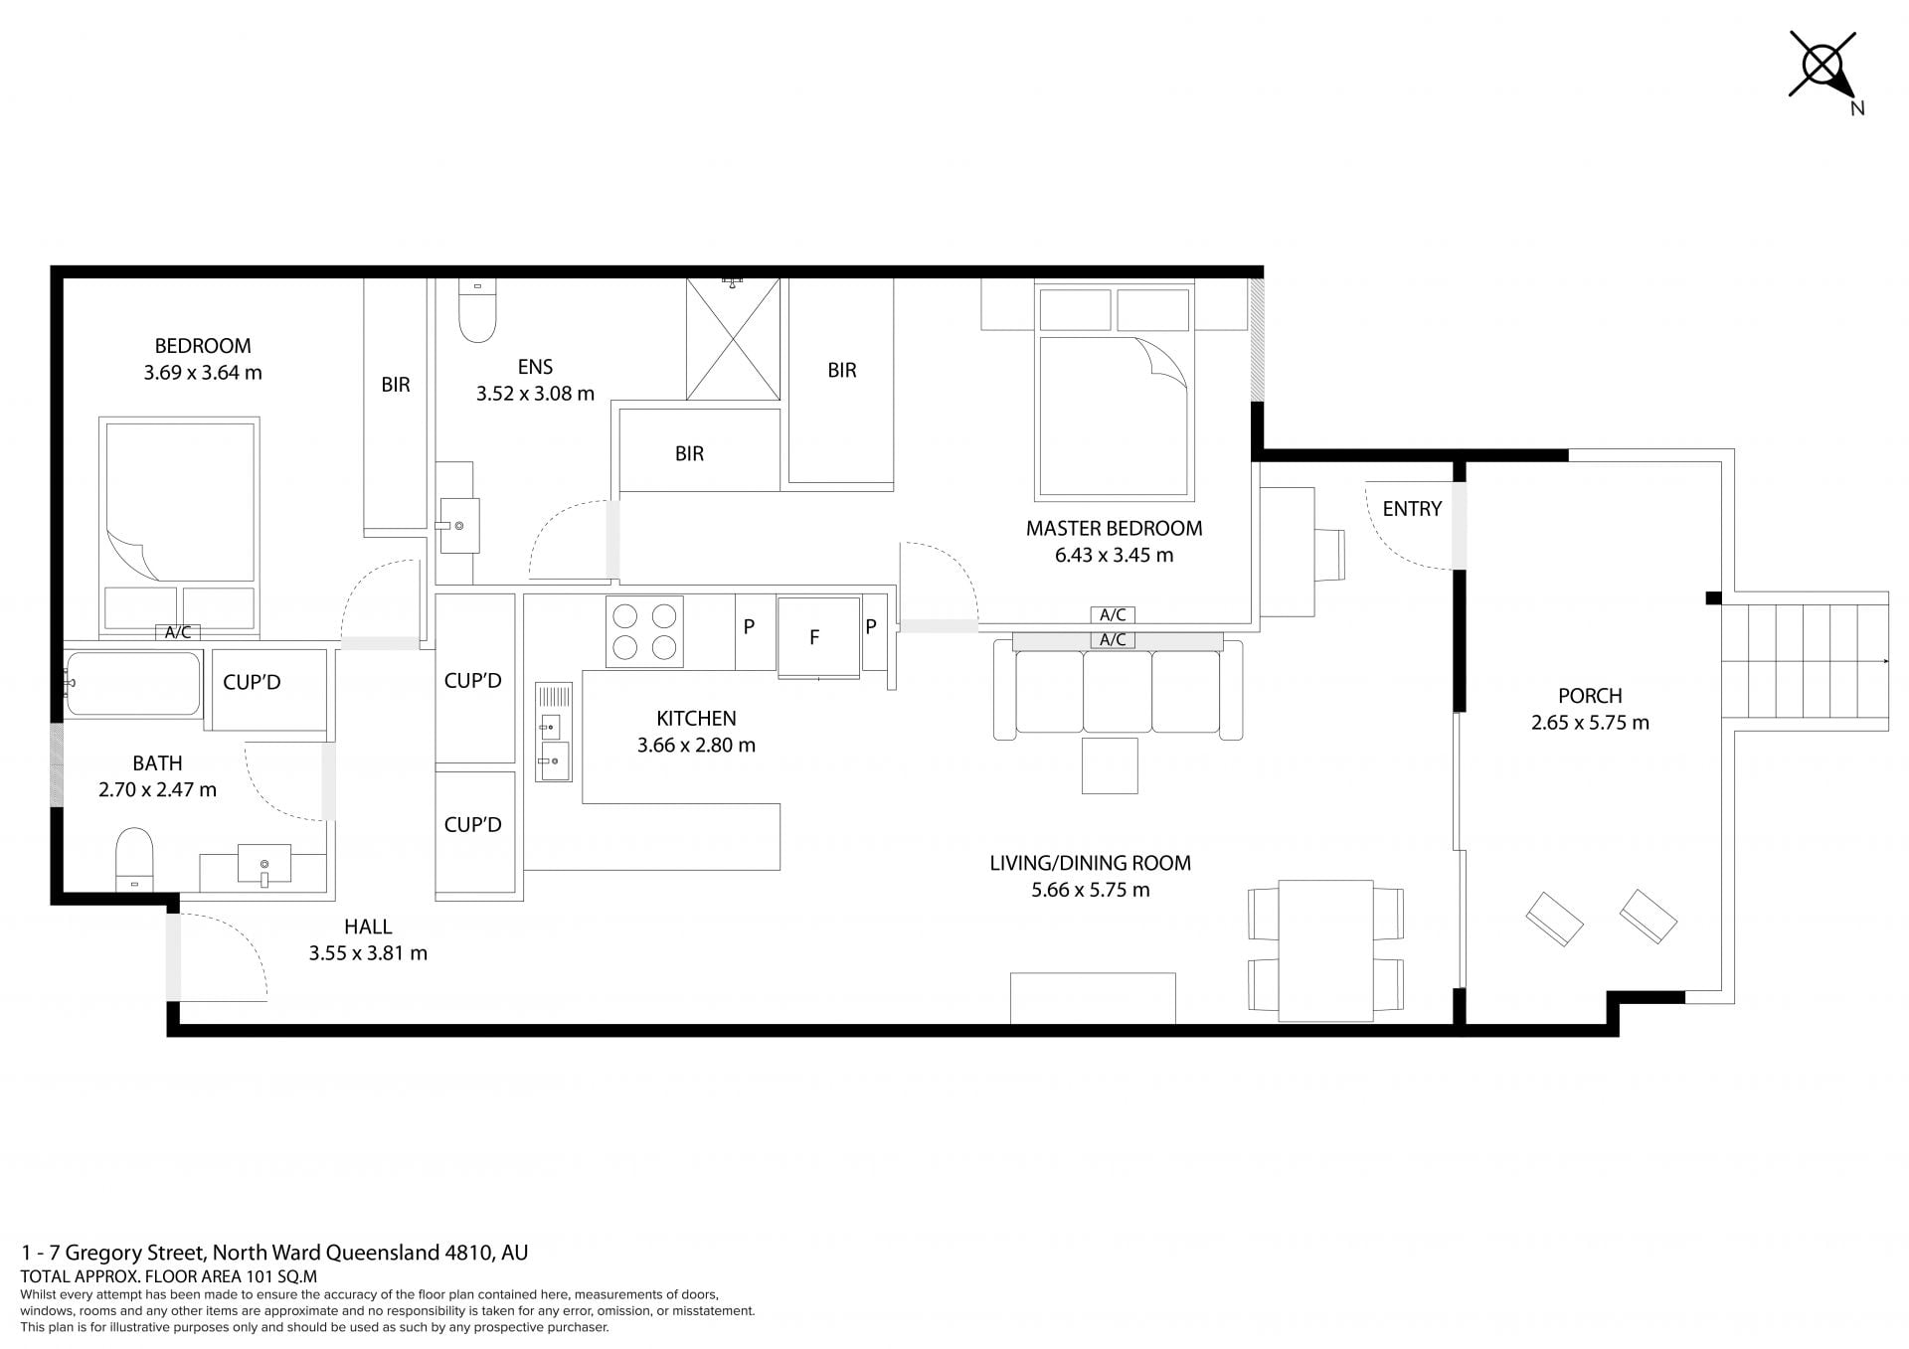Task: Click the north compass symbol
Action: click(1823, 67)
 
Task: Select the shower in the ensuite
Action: click(733, 339)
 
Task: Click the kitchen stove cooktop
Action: click(644, 631)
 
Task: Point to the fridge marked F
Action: click(818, 637)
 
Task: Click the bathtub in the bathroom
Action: click(133, 684)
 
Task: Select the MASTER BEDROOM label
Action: click(1114, 528)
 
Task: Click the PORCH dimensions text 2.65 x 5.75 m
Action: click(1590, 723)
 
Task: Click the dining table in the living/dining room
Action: click(1325, 950)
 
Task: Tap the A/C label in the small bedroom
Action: click(178, 632)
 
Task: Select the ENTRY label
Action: click(1412, 509)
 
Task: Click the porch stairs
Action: click(1805, 661)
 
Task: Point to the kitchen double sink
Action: click(554, 732)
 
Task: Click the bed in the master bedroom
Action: click(1114, 391)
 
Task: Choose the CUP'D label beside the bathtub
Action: click(252, 682)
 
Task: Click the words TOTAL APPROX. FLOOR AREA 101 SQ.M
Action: click(168, 1276)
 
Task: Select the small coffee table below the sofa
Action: click(1110, 765)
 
